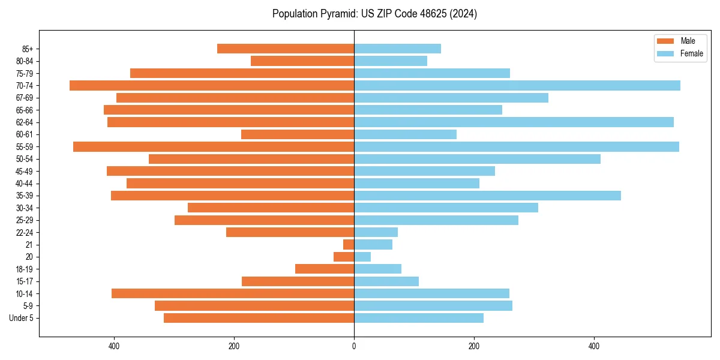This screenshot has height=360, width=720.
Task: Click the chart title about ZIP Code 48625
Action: (374, 14)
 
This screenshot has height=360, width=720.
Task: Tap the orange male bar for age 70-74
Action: (212, 85)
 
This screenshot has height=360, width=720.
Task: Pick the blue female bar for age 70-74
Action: (517, 85)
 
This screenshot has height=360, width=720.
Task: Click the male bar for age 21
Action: (349, 244)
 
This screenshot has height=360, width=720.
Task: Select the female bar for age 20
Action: (362, 257)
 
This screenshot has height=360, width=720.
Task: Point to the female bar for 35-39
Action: (487, 196)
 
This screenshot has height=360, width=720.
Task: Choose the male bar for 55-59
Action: (214, 146)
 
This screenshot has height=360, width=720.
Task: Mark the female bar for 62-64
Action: (514, 122)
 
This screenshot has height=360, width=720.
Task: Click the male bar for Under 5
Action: (259, 318)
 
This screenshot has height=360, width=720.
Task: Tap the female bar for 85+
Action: (397, 49)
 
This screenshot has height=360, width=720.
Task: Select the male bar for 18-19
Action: (325, 269)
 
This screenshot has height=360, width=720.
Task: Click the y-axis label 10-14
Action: (25, 293)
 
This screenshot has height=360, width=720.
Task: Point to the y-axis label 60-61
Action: (25, 134)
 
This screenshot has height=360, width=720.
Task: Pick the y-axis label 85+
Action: (27, 49)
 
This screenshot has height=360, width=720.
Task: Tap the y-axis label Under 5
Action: (22, 318)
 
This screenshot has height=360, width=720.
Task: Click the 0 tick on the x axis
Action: (354, 346)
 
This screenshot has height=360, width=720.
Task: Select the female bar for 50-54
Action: (477, 159)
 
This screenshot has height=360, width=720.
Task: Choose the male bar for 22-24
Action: (290, 232)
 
